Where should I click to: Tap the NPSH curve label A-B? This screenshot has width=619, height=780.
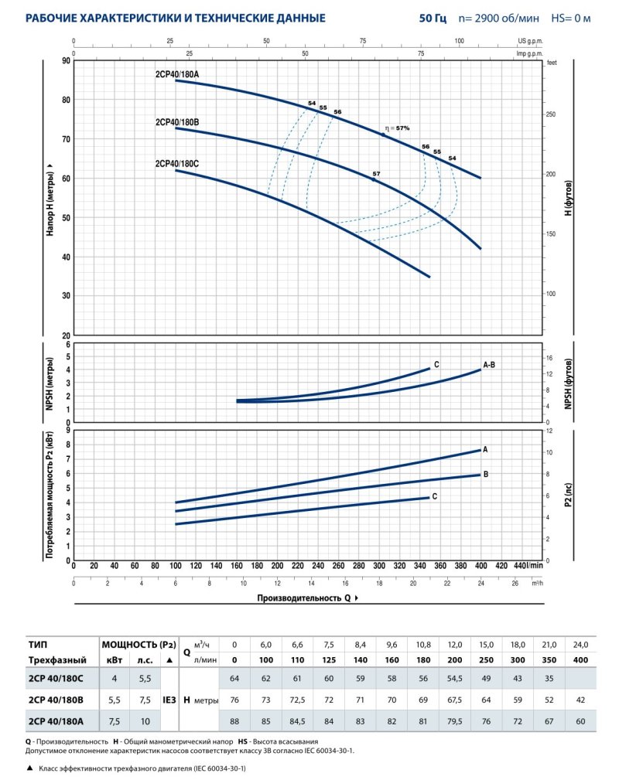click(489, 363)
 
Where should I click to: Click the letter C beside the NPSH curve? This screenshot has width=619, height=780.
click(436, 363)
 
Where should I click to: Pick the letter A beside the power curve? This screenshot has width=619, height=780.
click(485, 449)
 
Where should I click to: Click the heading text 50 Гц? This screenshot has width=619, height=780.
click(434, 19)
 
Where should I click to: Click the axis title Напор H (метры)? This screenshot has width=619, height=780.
click(50, 199)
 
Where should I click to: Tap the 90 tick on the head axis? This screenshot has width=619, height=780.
click(66, 60)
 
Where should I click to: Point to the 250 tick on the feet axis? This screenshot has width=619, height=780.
click(552, 114)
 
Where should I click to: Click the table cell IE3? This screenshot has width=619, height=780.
click(169, 700)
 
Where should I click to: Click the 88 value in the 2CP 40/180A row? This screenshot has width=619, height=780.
click(235, 721)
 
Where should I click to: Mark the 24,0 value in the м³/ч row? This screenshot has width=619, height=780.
click(580, 644)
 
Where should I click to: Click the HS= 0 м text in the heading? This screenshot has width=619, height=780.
click(571, 19)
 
